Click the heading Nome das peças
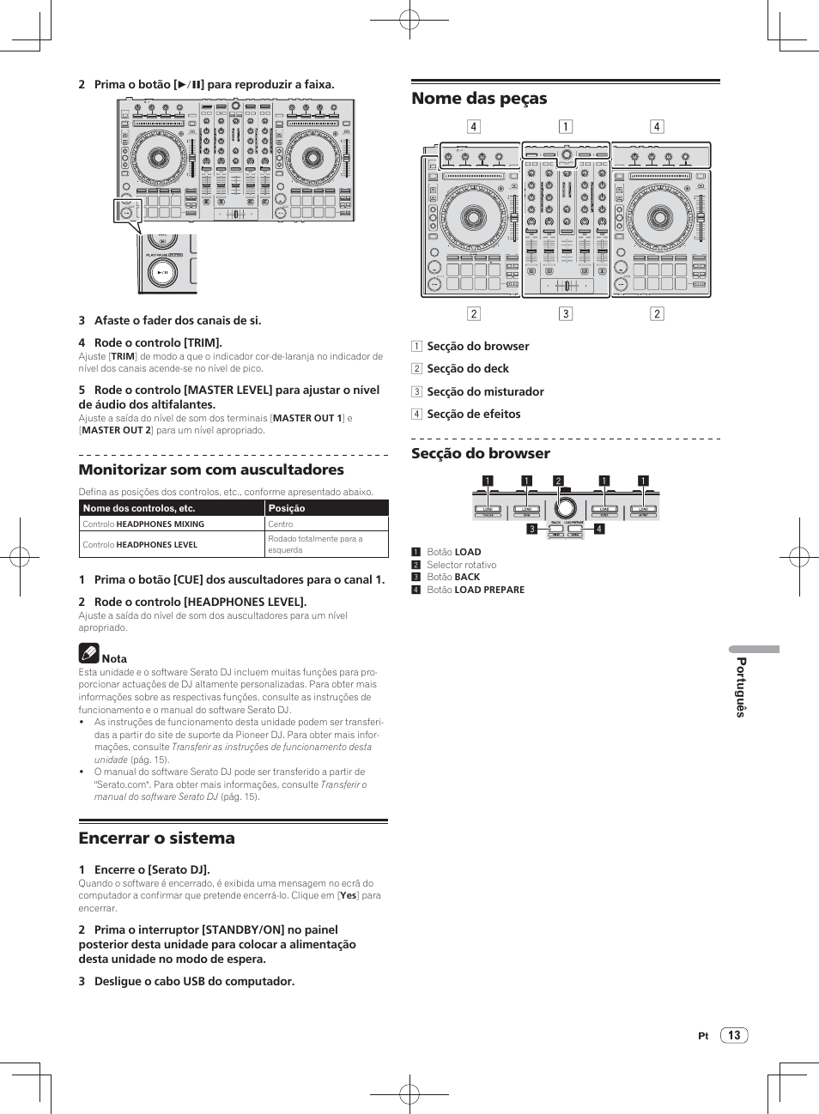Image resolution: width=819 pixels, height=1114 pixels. click(x=479, y=99)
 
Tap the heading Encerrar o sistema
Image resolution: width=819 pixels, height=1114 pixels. click(x=156, y=839)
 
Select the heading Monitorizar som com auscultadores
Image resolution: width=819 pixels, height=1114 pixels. click(x=211, y=470)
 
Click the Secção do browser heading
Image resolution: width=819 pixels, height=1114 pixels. click(x=480, y=453)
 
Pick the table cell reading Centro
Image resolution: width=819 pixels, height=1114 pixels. click(x=281, y=524)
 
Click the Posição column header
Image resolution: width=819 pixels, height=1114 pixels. click(x=287, y=508)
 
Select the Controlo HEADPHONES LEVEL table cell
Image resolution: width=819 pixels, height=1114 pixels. click(x=140, y=545)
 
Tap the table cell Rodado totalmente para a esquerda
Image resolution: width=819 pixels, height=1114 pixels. click(x=315, y=544)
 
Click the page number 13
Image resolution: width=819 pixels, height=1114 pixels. click(x=734, y=1035)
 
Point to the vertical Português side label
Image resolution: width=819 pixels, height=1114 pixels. click(x=741, y=687)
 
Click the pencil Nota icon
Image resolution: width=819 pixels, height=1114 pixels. click(x=89, y=654)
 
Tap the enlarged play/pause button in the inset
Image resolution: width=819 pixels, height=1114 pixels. click(x=162, y=272)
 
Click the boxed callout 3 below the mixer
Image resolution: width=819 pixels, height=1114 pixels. click(x=566, y=314)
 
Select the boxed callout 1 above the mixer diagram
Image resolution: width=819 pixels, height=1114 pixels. click(x=566, y=127)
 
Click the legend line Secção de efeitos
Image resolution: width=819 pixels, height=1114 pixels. click(x=473, y=414)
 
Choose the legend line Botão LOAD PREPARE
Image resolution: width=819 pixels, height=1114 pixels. click(x=475, y=590)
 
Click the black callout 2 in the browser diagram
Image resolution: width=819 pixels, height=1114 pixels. click(x=558, y=481)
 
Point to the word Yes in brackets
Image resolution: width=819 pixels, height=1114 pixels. click(x=348, y=895)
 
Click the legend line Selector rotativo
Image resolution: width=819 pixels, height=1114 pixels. click(x=461, y=565)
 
